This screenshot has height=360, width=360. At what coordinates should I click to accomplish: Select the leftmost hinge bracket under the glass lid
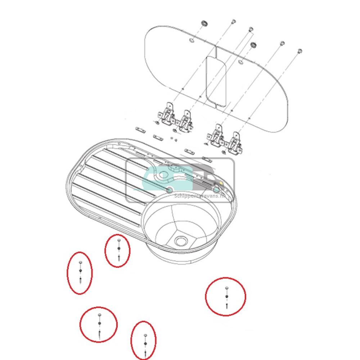pyautogui.click(x=166, y=114)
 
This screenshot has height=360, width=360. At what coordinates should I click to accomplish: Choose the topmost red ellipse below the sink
pyautogui.click(x=118, y=251)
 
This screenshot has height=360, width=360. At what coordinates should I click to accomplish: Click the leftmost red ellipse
pyautogui.click(x=80, y=273)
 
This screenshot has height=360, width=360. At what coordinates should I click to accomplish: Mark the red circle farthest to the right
pyautogui.click(x=226, y=297)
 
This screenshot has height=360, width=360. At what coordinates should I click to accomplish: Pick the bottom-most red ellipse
pyautogui.click(x=144, y=340)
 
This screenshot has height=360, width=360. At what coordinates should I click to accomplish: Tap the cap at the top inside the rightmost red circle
pyautogui.click(x=226, y=288)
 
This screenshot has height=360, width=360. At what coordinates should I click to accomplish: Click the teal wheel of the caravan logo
pyautogui.click(x=169, y=190)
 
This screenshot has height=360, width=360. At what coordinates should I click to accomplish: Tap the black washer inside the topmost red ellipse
pyautogui.click(x=119, y=248)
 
